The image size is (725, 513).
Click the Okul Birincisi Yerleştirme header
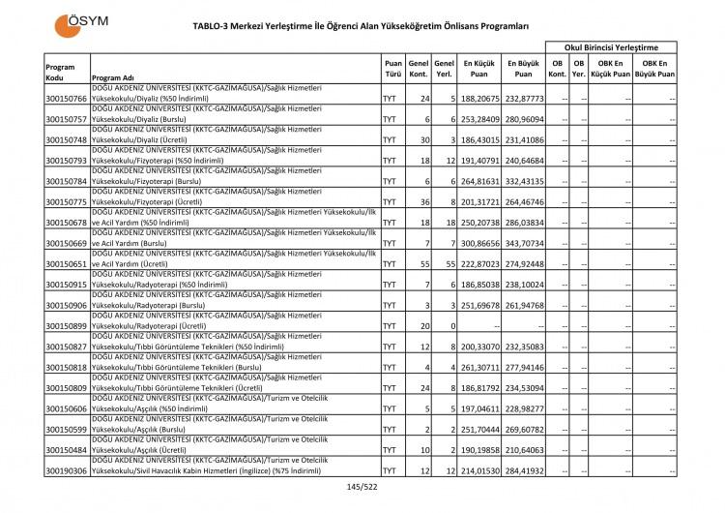click(611, 46)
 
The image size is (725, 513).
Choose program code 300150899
click(67, 326)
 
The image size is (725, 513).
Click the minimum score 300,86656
click(480, 243)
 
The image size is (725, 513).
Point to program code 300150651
click(67, 264)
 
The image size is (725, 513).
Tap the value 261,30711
click(480, 367)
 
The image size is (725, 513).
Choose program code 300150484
click(67, 450)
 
